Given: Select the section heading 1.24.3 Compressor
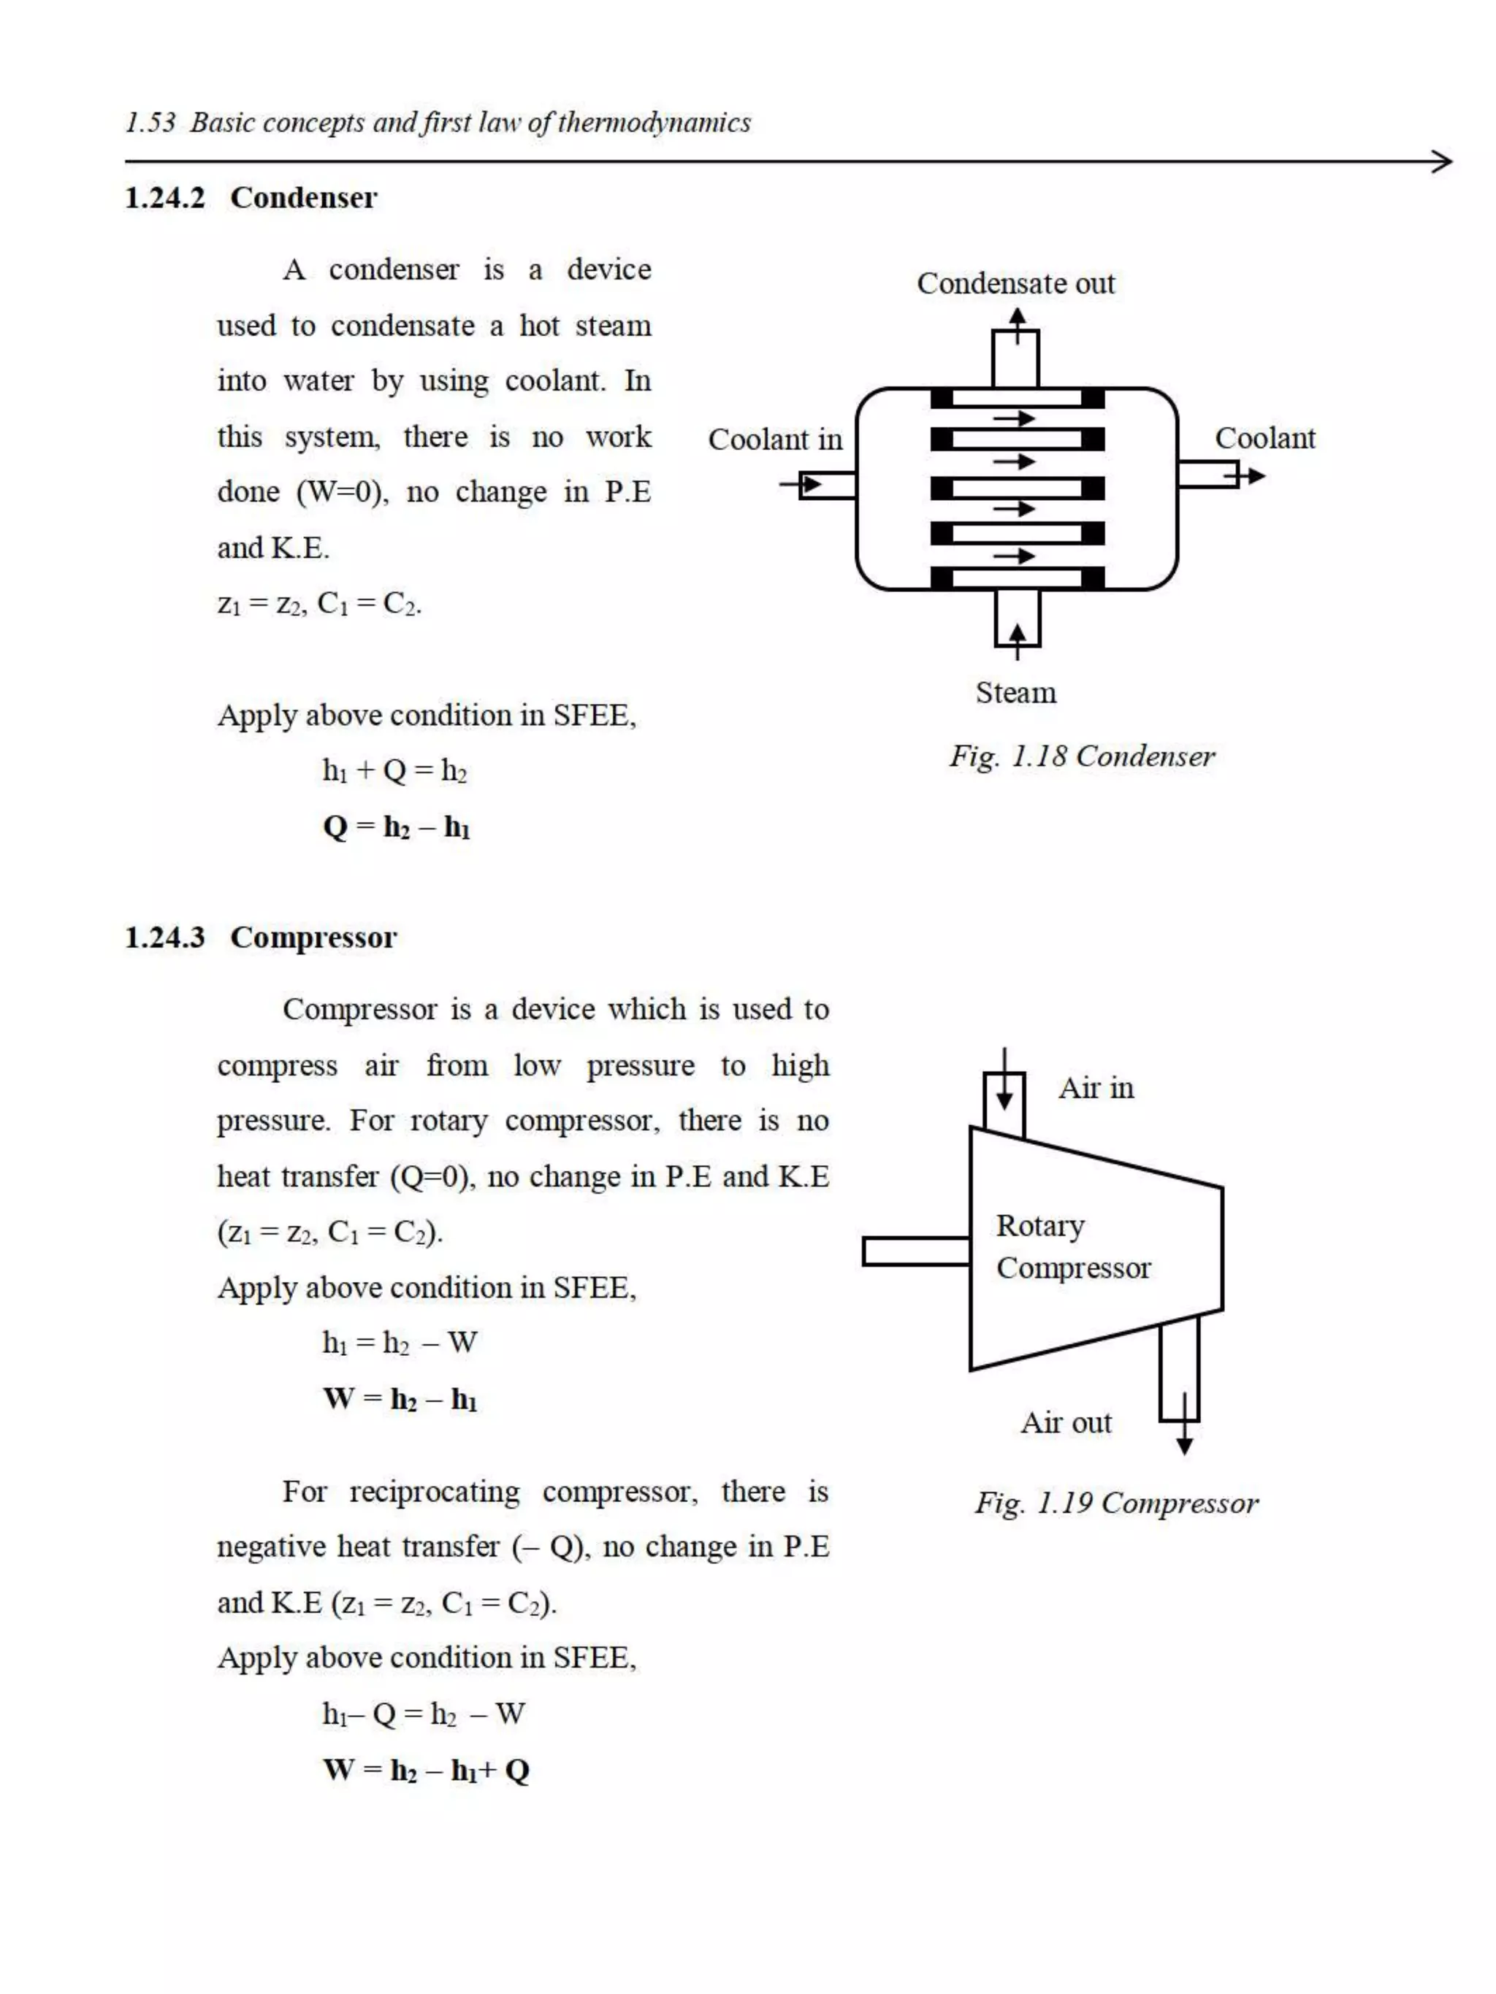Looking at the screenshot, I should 261,937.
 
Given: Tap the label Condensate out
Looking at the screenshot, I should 1015,284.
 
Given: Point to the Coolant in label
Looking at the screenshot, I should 774,440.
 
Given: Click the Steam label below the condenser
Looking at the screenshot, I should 1015,692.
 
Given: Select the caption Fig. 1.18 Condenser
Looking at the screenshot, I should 1081,756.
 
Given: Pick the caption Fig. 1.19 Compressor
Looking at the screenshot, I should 1115,1503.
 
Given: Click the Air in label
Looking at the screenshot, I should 1096,1088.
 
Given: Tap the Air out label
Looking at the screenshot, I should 1066,1422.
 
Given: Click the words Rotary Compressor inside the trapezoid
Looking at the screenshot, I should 1072,1246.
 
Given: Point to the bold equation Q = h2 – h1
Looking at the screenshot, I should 396,827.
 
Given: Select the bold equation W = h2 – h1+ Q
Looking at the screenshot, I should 426,1771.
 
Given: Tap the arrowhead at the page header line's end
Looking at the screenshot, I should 1442,162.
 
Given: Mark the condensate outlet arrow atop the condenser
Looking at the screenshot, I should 1017,323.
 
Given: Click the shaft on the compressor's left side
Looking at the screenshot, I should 915,1251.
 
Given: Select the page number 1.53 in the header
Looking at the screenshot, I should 150,123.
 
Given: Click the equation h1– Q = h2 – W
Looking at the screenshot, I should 423,1714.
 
